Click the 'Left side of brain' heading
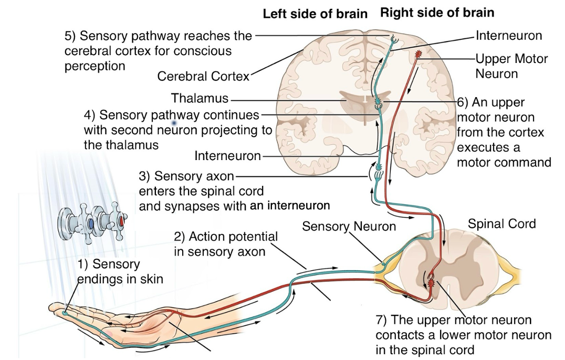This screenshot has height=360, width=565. (315, 14)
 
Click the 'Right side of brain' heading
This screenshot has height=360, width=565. (437, 13)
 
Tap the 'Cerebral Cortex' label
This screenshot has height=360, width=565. (203, 77)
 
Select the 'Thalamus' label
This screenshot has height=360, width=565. (200, 98)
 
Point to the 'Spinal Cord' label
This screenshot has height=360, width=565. (501, 224)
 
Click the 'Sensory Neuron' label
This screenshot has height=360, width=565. (349, 227)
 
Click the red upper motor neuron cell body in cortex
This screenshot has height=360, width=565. (418, 54)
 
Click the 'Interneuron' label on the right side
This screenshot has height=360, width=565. (508, 36)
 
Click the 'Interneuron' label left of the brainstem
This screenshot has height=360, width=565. (227, 156)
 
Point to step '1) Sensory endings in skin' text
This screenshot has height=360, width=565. (120, 271)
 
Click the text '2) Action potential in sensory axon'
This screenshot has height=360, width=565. (226, 244)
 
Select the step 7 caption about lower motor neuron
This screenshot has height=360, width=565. (463, 335)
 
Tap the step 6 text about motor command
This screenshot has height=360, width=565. (503, 132)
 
